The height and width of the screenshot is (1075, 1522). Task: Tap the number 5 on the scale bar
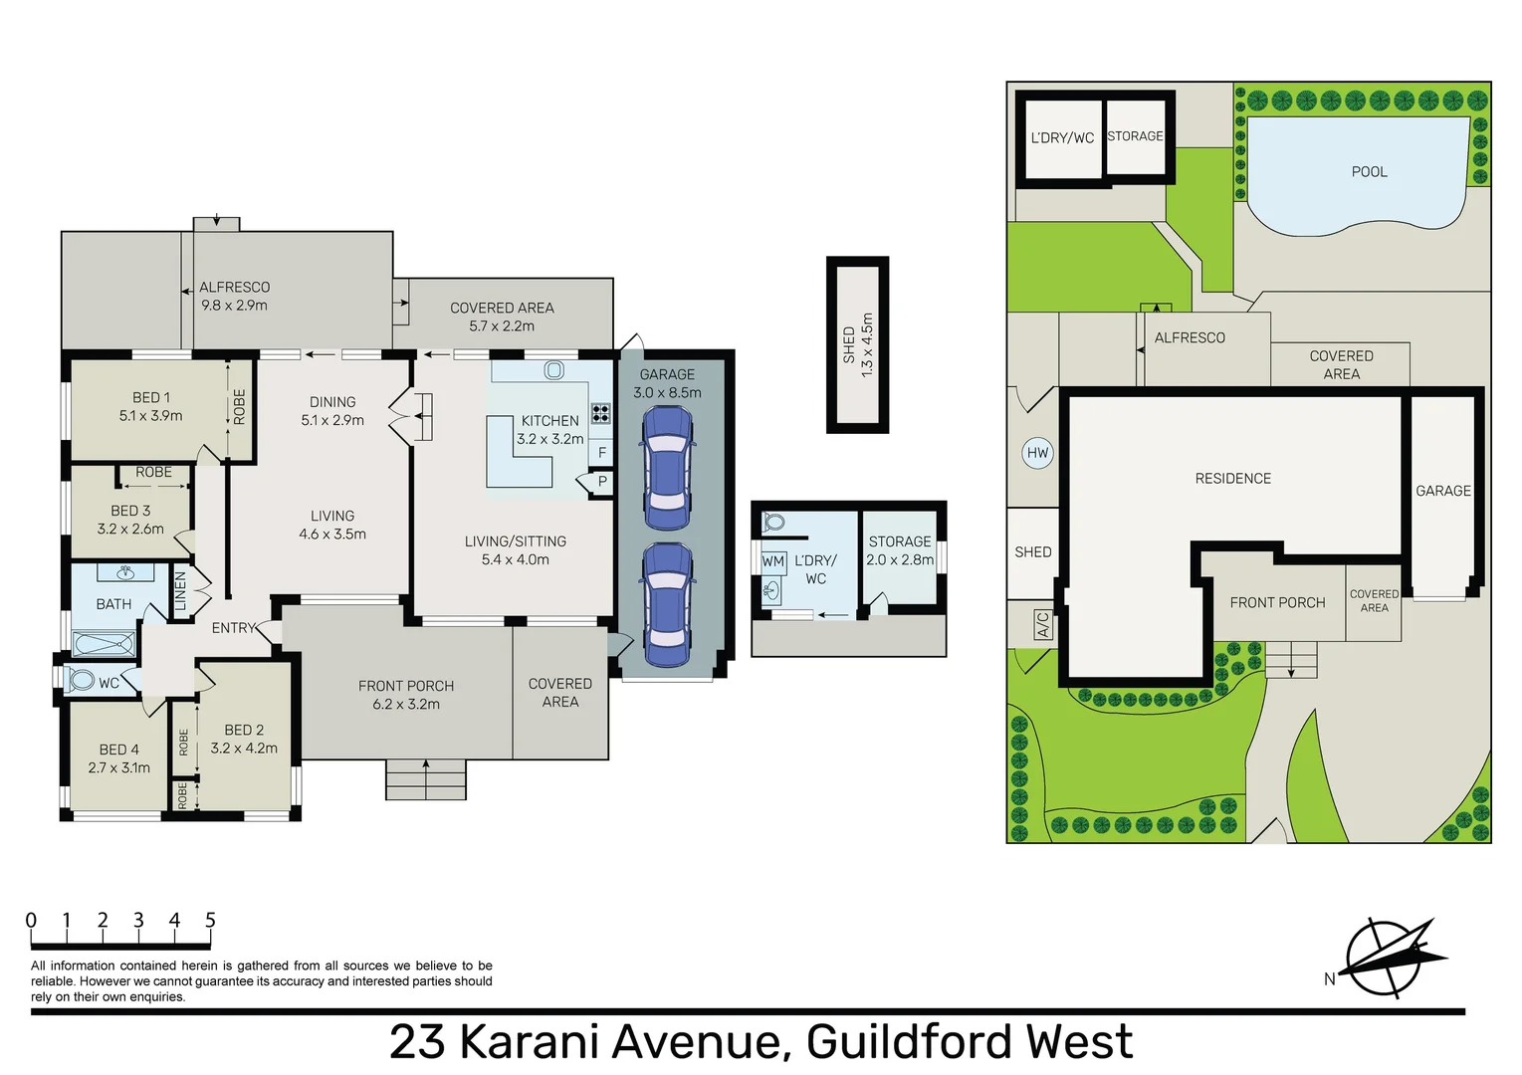tap(210, 921)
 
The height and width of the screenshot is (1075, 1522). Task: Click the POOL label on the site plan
tap(1369, 172)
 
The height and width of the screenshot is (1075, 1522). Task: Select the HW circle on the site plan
tap(1037, 453)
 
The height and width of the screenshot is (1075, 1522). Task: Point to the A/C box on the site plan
tap(1042, 624)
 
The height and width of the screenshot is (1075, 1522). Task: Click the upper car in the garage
tap(667, 468)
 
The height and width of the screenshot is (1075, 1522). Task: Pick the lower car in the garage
tap(667, 604)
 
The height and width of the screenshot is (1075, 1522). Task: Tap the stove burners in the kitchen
tap(600, 412)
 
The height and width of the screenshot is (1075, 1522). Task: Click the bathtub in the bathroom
tap(104, 644)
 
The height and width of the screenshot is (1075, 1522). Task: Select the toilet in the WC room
tap(80, 681)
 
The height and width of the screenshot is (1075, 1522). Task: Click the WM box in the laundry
tap(773, 561)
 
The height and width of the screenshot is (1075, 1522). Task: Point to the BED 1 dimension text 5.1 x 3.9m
tap(150, 416)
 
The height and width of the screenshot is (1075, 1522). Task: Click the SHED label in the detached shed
tap(849, 344)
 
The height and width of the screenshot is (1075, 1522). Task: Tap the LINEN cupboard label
tap(180, 591)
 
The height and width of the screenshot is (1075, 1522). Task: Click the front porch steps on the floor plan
tap(425, 779)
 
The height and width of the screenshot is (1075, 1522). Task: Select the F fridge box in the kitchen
tap(601, 453)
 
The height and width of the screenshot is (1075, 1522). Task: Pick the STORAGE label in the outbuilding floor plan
tap(900, 541)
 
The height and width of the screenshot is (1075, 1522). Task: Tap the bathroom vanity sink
tap(125, 572)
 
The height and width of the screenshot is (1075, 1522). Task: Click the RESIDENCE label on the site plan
tap(1232, 479)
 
